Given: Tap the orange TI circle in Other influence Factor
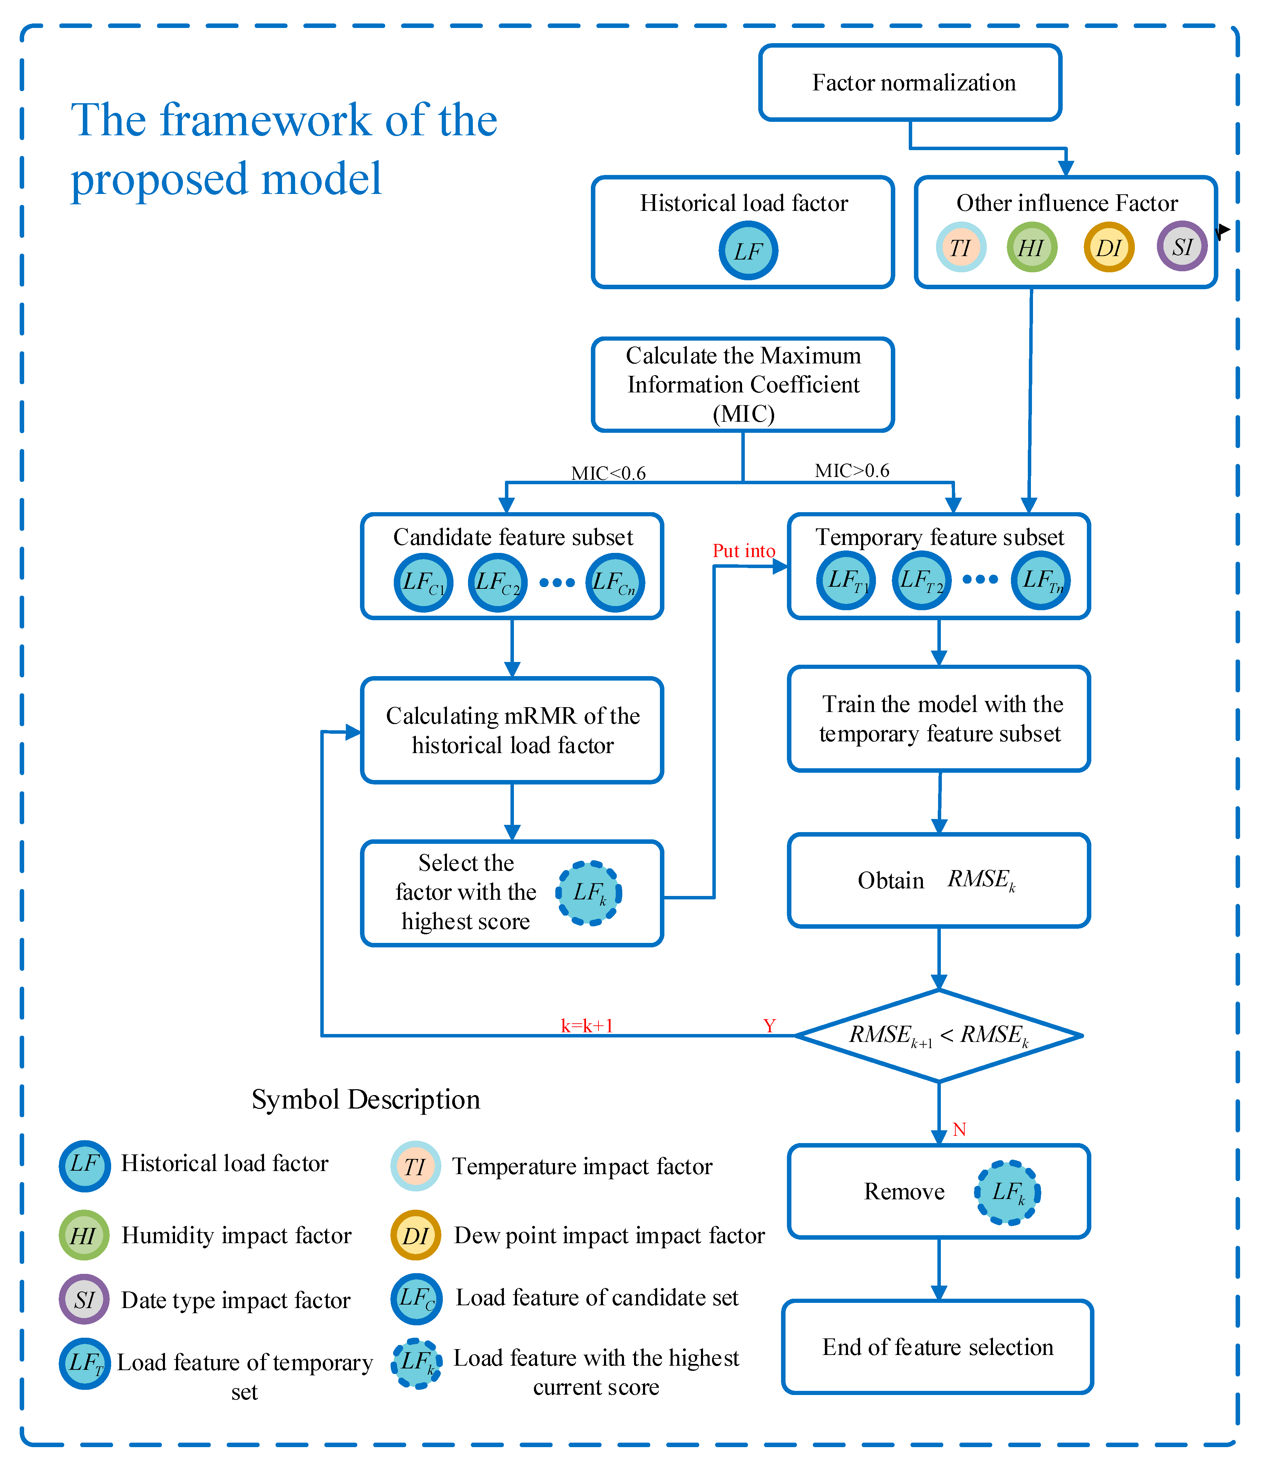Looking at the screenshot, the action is click(x=961, y=247).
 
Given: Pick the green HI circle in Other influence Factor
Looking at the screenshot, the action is click(x=1032, y=247).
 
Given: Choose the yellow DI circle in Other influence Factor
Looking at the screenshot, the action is click(x=1109, y=247).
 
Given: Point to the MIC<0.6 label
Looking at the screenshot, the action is click(x=608, y=473).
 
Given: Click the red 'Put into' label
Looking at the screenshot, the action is click(x=744, y=551).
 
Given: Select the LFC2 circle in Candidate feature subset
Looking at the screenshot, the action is click(x=498, y=583).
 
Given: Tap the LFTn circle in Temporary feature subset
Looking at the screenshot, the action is click(x=1041, y=580).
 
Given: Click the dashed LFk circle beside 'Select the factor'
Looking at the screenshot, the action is click(x=589, y=893).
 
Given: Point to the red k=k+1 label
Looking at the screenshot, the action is click(x=587, y=1025).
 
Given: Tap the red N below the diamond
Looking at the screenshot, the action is click(x=959, y=1129).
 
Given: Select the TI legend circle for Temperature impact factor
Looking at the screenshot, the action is click(x=416, y=1166).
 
